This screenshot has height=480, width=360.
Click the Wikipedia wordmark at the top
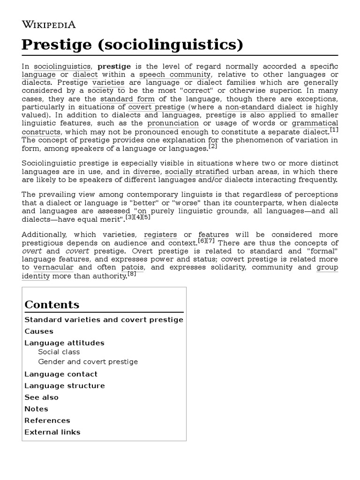pos(49,24)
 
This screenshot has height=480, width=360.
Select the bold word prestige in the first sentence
pos(114,66)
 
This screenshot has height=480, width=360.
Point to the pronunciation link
pos(173,123)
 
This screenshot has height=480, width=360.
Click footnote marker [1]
pos(334,130)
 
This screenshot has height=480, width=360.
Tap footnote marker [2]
pos(213,146)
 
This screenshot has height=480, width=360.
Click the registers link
pos(160,234)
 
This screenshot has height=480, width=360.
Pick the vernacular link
pos(53,267)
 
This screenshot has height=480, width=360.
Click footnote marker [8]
pos(132,274)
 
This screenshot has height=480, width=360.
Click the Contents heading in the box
pos(52,304)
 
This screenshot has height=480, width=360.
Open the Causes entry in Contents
pos(39,331)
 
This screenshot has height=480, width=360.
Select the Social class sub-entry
pos(59,352)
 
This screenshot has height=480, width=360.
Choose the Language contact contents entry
pos(61,374)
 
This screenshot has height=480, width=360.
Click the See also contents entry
pos(42,397)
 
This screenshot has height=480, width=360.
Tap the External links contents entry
pos(52,432)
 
